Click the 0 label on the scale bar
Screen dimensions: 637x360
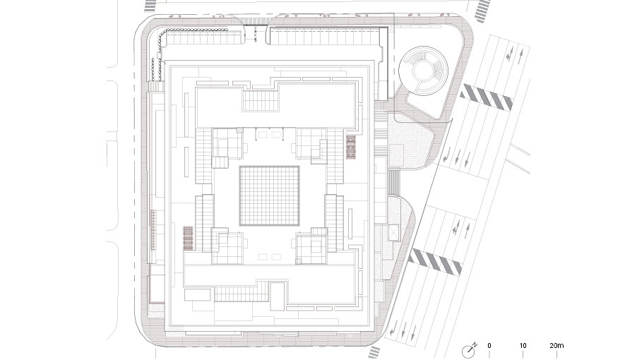[489, 346]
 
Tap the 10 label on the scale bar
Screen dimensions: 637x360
[523, 346]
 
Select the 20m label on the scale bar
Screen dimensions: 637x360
[556, 346]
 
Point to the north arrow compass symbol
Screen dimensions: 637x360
[469, 351]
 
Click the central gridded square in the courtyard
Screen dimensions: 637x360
[269, 196]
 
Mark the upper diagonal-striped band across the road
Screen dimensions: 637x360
[486, 97]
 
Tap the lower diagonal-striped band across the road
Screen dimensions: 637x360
[435, 262]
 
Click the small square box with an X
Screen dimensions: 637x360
[393, 232]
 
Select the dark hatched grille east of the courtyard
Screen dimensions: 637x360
[350, 148]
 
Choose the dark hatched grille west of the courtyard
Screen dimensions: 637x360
[188, 238]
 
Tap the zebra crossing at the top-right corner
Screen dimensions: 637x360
[483, 9]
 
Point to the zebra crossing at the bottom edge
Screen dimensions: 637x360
[374, 353]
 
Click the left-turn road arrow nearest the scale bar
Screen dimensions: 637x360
[393, 328]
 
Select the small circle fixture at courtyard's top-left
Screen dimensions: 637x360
[239, 131]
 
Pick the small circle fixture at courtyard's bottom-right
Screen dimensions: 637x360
[299, 261]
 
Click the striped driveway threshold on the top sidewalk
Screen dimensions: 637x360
[256, 21]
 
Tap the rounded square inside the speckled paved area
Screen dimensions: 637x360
[397, 155]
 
